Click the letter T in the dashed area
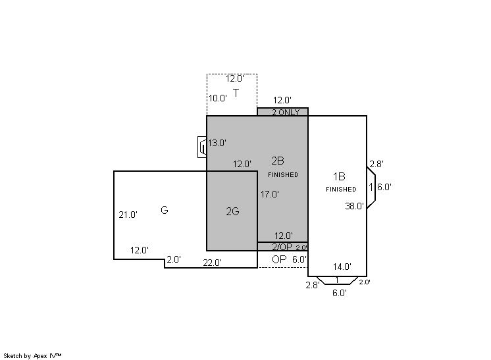pyautogui.click(x=236, y=92)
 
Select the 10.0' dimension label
pyautogui.click(x=218, y=98)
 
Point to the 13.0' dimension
pyautogui.click(x=217, y=143)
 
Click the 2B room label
pyautogui.click(x=278, y=161)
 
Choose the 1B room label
pyautogui.click(x=339, y=176)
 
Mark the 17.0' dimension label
pyautogui.click(x=270, y=194)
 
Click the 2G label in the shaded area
pyautogui.click(x=232, y=211)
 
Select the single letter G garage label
pyautogui.click(x=165, y=210)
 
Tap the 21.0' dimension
pyautogui.click(x=128, y=215)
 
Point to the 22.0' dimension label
pyautogui.click(x=212, y=263)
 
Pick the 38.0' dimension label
pyautogui.click(x=355, y=206)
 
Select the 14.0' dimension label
pyautogui.click(x=342, y=267)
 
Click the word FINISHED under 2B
pyautogui.click(x=283, y=175)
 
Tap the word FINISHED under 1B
pyautogui.click(x=341, y=190)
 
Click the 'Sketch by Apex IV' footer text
pyautogui.click(x=33, y=355)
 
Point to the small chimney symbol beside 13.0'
pyautogui.click(x=203, y=147)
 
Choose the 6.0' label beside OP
pyautogui.click(x=299, y=259)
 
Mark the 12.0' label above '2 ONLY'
pyautogui.click(x=282, y=100)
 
